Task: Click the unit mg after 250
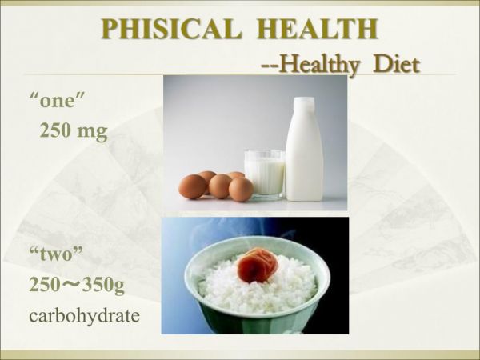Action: [x=92, y=131]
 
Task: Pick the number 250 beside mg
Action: [x=56, y=131]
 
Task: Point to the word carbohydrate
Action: [x=84, y=314]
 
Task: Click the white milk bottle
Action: [x=304, y=156]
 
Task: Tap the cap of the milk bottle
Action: [x=304, y=105]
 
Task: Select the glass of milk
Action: [x=264, y=172]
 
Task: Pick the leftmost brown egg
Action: [x=192, y=186]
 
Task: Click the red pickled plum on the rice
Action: [x=257, y=262]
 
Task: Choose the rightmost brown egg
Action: [x=241, y=189]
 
